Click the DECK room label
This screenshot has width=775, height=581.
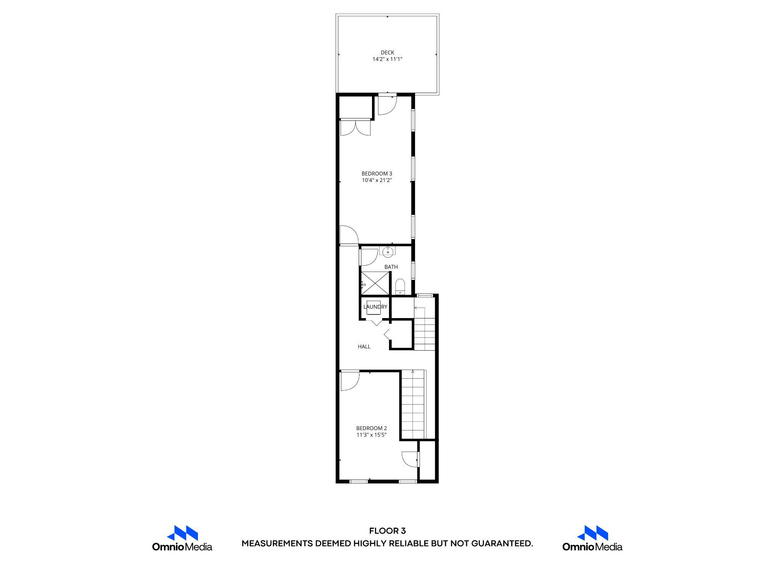click(x=387, y=53)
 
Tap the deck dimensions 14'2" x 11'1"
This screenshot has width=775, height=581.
click(x=387, y=59)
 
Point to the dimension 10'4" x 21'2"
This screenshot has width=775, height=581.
click(x=377, y=180)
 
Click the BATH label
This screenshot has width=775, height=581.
click(x=391, y=267)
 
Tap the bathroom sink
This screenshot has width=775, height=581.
click(x=387, y=251)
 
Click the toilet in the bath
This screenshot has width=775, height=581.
click(x=400, y=287)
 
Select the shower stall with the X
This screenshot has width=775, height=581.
click(x=375, y=283)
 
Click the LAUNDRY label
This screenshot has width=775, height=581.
click(x=375, y=307)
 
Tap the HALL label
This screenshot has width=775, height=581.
click(x=364, y=346)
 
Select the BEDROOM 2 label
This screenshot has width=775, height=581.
click(x=371, y=428)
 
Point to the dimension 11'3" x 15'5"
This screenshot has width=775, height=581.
click(x=371, y=435)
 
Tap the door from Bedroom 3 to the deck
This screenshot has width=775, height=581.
click(x=387, y=105)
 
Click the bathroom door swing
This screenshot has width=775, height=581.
click(x=368, y=257)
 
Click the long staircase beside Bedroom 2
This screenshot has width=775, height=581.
click(x=413, y=405)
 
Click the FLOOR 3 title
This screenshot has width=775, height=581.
click(x=387, y=531)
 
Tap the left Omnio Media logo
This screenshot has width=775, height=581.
click(x=182, y=538)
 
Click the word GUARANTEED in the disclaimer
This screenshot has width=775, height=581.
click(x=502, y=544)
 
